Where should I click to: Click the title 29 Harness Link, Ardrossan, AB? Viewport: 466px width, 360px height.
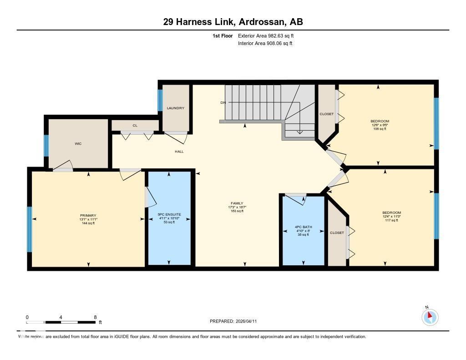click(233, 21)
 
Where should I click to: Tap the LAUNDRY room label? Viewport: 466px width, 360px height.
click(175, 108)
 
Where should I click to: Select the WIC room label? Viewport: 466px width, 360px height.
click(78, 144)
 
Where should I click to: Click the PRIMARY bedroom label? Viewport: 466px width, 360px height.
click(88, 216)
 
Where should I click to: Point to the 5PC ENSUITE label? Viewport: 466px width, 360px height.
click(169, 214)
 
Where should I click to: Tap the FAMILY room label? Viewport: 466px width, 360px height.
click(237, 203)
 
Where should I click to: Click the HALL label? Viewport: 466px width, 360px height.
click(179, 152)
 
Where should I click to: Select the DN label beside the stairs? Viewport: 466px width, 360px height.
click(223, 103)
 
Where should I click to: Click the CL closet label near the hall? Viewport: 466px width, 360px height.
click(135, 126)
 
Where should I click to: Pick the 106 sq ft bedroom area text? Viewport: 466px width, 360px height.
click(380, 129)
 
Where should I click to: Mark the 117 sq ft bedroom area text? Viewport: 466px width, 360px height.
click(391, 220)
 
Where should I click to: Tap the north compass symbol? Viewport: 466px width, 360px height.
click(430, 317)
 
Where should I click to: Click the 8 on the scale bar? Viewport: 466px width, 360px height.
click(95, 317)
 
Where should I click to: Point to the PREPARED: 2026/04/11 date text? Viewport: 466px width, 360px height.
click(236, 321)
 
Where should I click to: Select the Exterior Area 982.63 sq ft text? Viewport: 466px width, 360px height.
click(269, 35)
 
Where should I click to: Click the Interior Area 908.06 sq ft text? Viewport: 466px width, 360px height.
click(265, 44)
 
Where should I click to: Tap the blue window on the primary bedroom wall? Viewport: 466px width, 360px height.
click(30, 229)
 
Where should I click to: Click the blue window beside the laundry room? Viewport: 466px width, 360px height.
click(160, 100)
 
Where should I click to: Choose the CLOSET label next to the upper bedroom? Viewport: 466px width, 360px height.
click(326, 114)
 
